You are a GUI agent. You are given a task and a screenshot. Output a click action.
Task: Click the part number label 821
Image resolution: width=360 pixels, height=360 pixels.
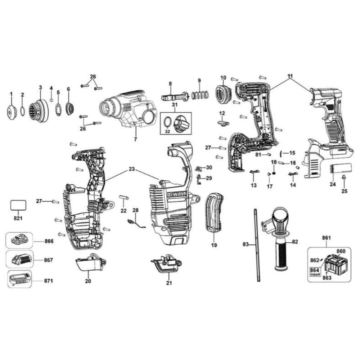coord(18,218)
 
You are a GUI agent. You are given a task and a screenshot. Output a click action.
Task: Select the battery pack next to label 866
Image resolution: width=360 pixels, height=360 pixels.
coord(19,240)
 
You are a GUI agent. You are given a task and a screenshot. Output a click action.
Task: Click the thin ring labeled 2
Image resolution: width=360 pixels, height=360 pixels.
coord(22,112)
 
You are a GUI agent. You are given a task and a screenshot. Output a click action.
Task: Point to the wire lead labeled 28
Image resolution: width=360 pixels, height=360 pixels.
coord(136,224)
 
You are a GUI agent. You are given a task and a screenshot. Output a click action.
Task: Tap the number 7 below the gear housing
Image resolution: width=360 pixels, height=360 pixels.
coord(135,139)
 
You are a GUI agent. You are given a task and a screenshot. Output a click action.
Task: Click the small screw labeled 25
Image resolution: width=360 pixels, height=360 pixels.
coord(343,177)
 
